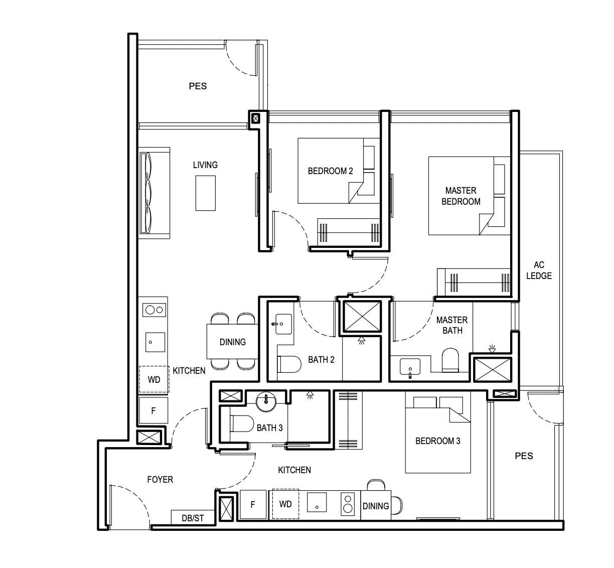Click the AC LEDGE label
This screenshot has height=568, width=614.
pyautogui.click(x=539, y=270)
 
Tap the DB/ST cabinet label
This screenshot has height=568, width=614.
pyautogui.click(x=193, y=518)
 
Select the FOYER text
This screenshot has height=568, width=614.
pyautogui.click(x=160, y=480)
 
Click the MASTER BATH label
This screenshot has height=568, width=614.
pyautogui.click(x=452, y=325)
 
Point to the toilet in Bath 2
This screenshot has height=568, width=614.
pyautogui.click(x=289, y=364)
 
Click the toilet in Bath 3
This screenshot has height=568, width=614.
pyautogui.click(x=242, y=423)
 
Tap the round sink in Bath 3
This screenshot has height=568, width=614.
pyautogui.click(x=266, y=401)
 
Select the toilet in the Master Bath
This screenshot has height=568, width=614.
pyautogui.click(x=450, y=360)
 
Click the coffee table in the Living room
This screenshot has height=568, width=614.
pyautogui.click(x=206, y=193)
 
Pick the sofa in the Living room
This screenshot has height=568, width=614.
pyautogui.click(x=154, y=193)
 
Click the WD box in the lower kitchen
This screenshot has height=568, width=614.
pyautogui.click(x=285, y=504)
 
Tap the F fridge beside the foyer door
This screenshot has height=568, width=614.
pyautogui.click(x=153, y=410)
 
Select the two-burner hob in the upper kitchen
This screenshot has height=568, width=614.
pyautogui.click(x=154, y=310)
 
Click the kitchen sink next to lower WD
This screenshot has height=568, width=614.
pyautogui.click(x=317, y=502)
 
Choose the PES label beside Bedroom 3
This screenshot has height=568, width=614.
pyautogui.click(x=524, y=456)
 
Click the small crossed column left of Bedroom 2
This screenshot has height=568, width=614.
pyautogui.click(x=256, y=118)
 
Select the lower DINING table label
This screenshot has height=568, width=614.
pyautogui.click(x=376, y=506)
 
